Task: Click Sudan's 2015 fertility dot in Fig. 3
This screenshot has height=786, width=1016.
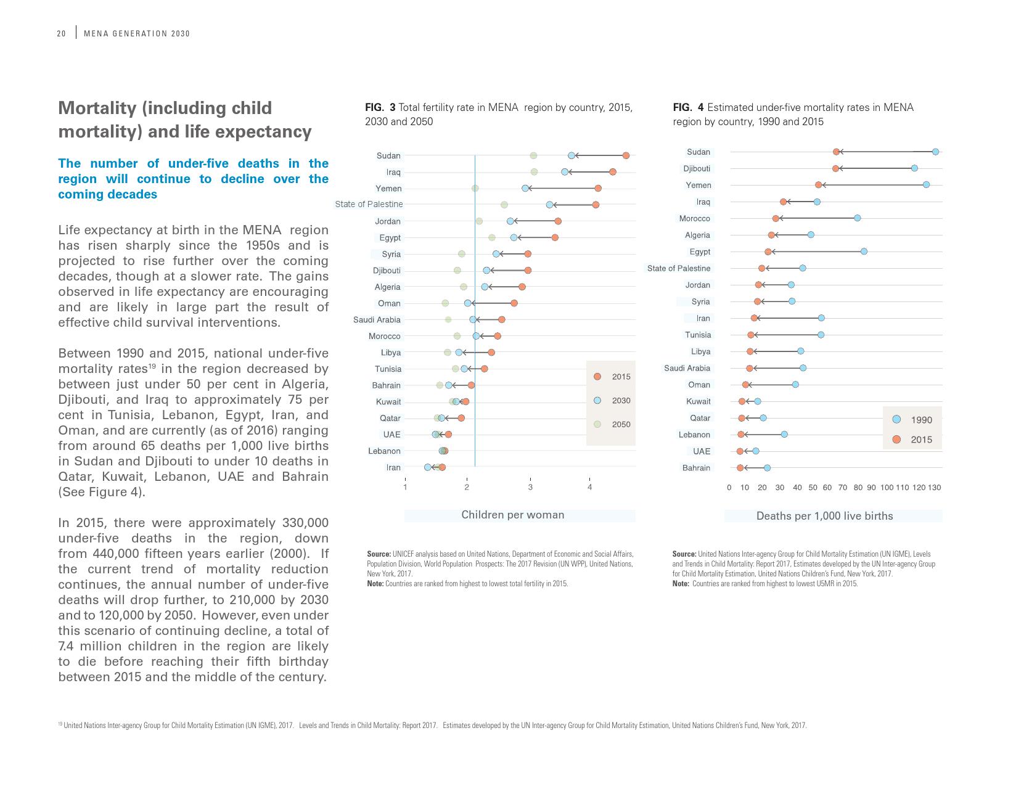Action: tap(626, 156)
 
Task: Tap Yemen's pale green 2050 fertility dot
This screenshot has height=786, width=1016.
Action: tap(475, 189)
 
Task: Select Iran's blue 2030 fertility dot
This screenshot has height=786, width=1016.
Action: tap(428, 467)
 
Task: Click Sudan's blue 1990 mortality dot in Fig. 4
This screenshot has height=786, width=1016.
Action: tap(935, 152)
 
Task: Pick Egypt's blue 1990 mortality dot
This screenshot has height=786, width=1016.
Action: tap(864, 252)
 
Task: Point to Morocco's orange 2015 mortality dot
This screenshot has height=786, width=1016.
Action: tap(776, 218)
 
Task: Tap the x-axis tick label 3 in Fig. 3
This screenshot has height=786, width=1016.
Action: tap(530, 488)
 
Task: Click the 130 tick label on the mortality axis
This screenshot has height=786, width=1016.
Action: tap(935, 488)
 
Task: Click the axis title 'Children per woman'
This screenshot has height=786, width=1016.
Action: tap(512, 515)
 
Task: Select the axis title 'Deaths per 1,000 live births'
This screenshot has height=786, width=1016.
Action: tap(824, 516)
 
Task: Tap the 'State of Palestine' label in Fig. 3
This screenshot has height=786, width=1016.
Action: tap(369, 204)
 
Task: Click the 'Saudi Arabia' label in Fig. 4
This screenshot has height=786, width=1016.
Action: tap(687, 368)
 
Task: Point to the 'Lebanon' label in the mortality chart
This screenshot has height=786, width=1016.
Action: tap(694, 435)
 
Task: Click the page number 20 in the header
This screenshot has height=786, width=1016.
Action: tap(61, 34)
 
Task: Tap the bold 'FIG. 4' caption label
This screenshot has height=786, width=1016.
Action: tap(688, 107)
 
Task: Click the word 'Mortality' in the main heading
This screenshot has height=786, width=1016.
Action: tap(97, 108)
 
